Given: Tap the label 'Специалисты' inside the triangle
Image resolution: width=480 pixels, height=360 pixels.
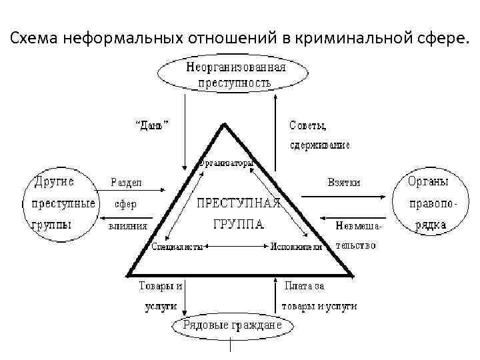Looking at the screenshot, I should click(177, 247).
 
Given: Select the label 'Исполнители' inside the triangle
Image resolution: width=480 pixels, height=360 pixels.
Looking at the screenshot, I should click(296, 247).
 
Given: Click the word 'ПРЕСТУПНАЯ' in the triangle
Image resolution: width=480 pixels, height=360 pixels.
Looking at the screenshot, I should click(236, 201).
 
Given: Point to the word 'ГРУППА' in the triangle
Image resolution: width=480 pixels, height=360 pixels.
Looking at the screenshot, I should click(237, 225).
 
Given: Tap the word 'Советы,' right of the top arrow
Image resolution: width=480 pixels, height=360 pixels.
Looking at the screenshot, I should click(307, 125).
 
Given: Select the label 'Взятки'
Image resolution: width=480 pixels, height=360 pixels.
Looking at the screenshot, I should click(343, 182).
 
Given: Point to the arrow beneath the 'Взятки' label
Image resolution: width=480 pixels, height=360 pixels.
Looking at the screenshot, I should click(343, 197).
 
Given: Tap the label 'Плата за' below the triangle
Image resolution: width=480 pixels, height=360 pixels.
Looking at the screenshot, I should click(304, 287).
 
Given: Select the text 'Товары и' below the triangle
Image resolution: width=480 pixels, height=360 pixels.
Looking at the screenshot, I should click(160, 286).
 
